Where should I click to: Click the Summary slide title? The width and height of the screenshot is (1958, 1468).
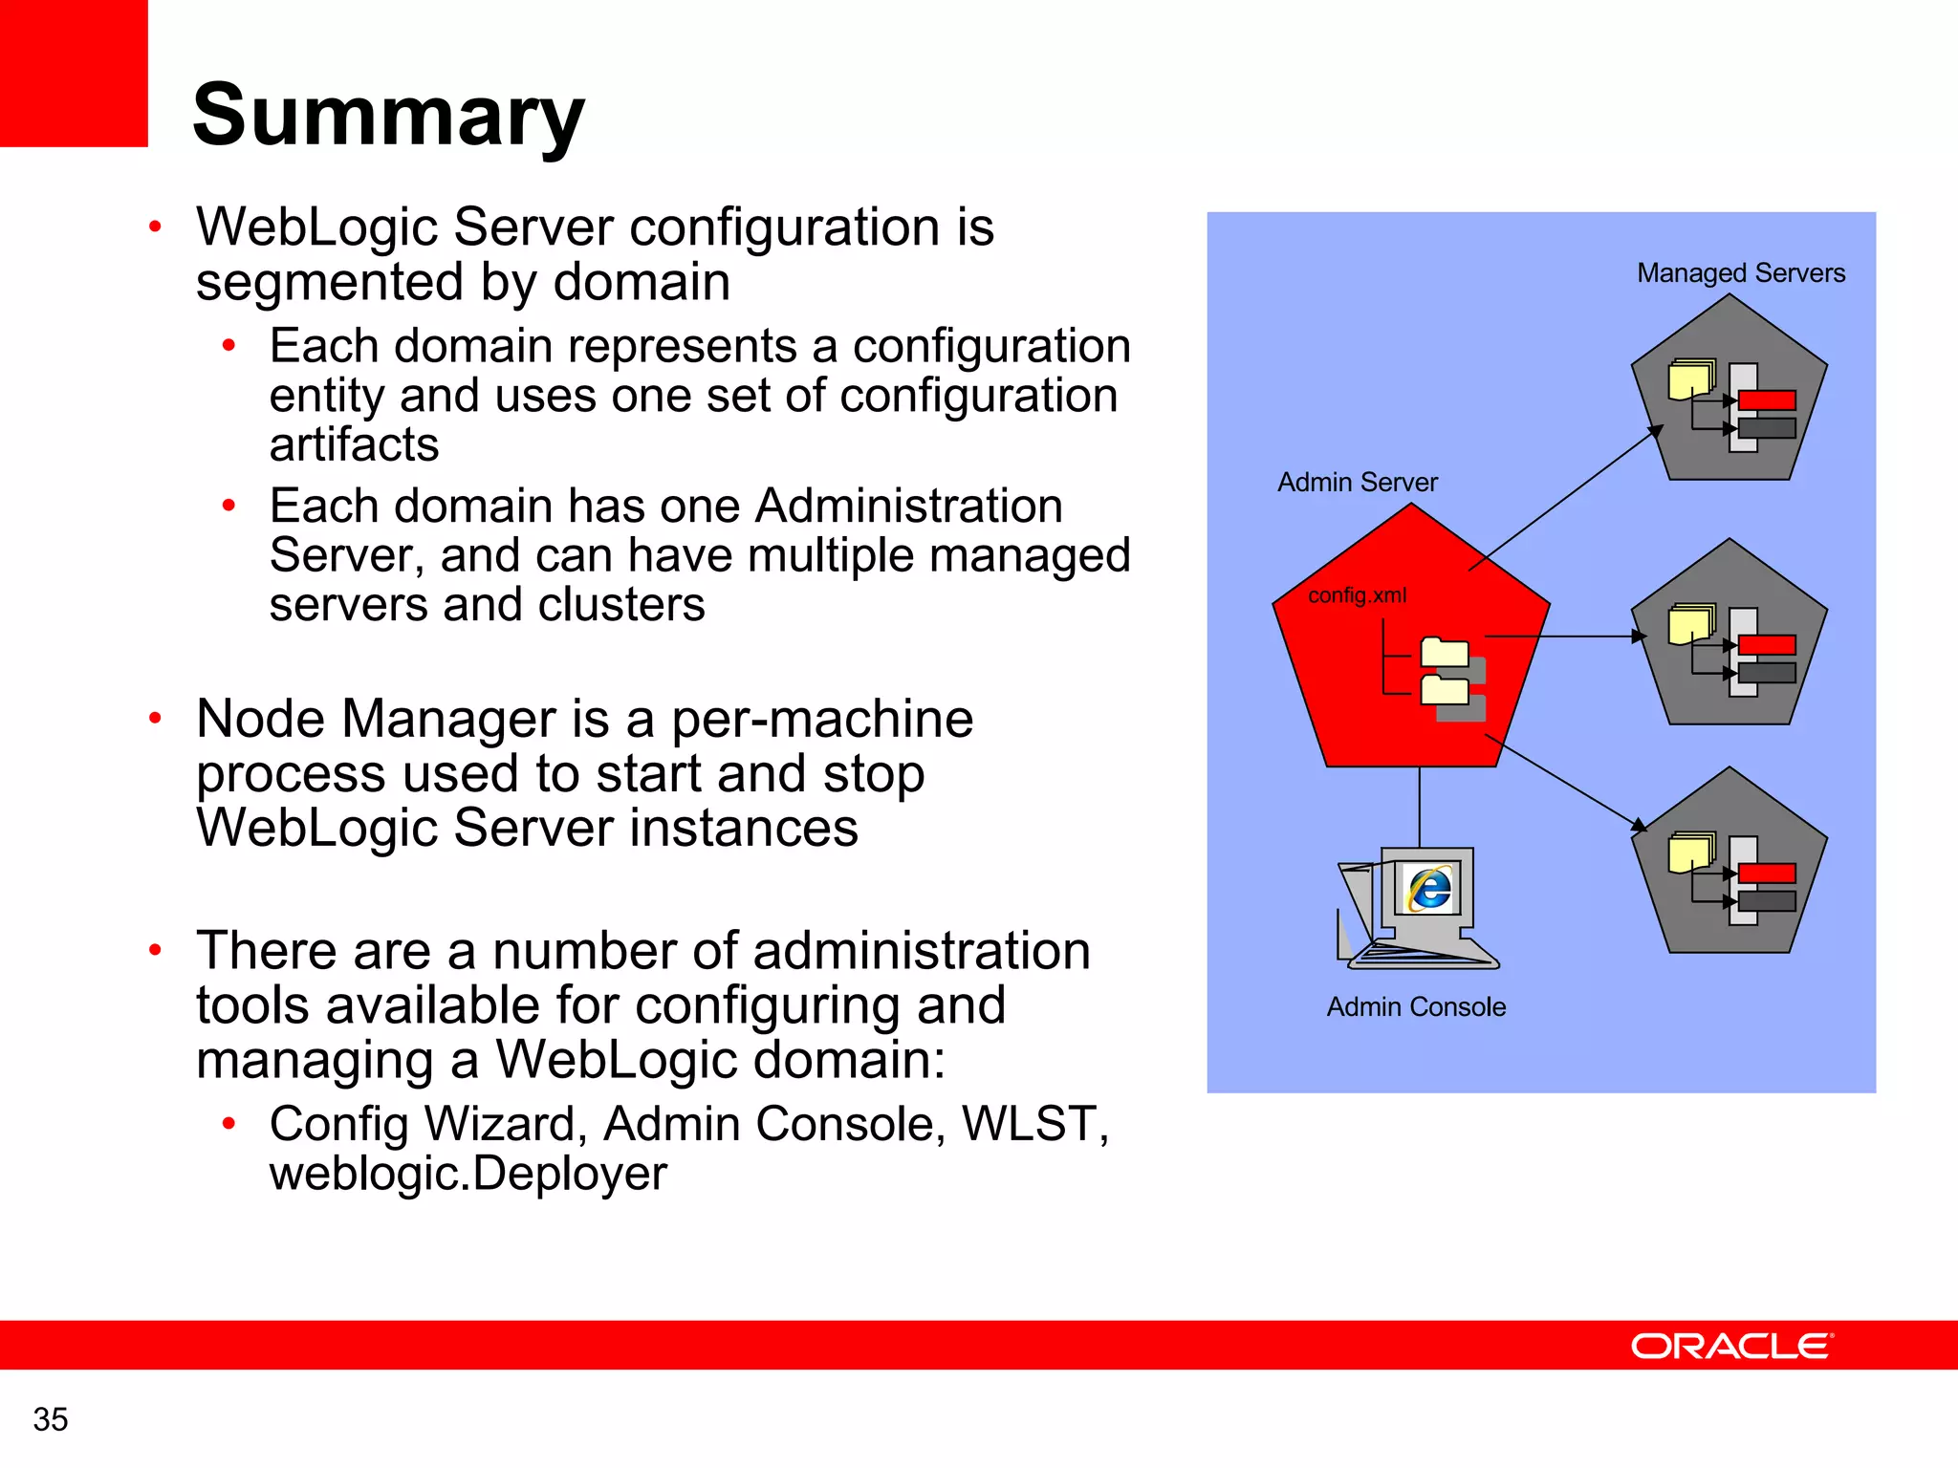[388, 115]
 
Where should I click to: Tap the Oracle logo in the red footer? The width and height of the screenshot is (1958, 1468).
[1731, 1346]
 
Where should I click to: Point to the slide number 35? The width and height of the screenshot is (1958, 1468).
[51, 1419]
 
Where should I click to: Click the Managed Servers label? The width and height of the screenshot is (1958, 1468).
[1740, 273]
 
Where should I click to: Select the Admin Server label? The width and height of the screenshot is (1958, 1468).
[1357, 483]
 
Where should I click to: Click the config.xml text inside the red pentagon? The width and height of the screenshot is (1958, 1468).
[1357, 595]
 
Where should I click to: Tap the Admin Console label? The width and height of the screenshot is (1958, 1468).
[1416, 1007]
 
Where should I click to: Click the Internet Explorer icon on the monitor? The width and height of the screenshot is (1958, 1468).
[1430, 889]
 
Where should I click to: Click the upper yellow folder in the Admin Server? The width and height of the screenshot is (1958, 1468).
[1445, 653]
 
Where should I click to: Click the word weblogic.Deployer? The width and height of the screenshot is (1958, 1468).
[468, 1174]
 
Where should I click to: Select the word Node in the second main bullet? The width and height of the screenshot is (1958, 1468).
[258, 719]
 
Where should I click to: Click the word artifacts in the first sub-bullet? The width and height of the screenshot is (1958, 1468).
[354, 445]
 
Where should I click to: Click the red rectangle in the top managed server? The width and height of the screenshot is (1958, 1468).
[1767, 400]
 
